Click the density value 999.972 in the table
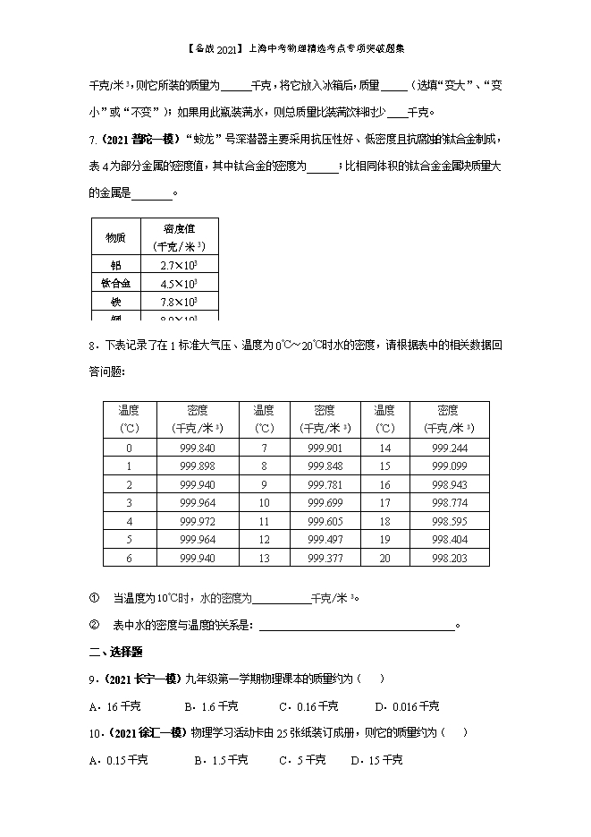point(197,521)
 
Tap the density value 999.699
point(325,503)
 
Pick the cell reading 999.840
point(197,448)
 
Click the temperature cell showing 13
point(264,558)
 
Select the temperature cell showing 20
point(385,558)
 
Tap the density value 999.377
point(325,558)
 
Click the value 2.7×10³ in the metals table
point(179,266)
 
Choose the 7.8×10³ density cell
point(179,303)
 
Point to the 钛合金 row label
point(115,284)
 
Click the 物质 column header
point(115,238)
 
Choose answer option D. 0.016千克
point(407,706)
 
